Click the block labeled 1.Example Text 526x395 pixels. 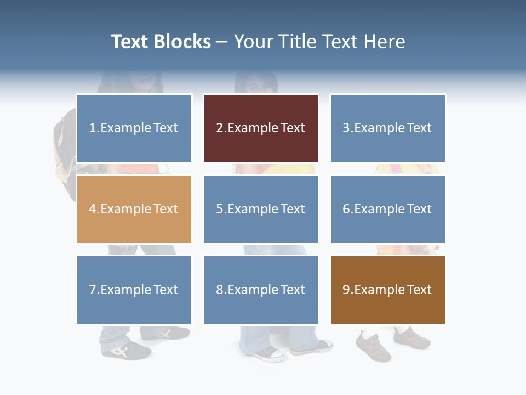coord(134,128)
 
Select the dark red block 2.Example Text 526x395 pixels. coord(261,128)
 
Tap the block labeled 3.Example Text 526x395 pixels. coord(387,128)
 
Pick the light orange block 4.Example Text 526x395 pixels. coord(134,209)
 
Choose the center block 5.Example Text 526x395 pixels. coord(261,209)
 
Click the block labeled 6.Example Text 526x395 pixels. coord(387,209)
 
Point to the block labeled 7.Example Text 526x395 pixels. coord(134,290)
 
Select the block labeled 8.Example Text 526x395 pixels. coord(261,290)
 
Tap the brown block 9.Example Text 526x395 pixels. coord(387,290)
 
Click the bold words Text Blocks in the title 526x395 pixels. coord(161,42)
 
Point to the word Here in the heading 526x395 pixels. coord(386,42)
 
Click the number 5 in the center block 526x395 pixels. coord(219,209)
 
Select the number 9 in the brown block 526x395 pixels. coord(346,290)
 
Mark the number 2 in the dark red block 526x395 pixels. coord(219,128)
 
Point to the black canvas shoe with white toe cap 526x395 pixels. coord(268,353)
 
